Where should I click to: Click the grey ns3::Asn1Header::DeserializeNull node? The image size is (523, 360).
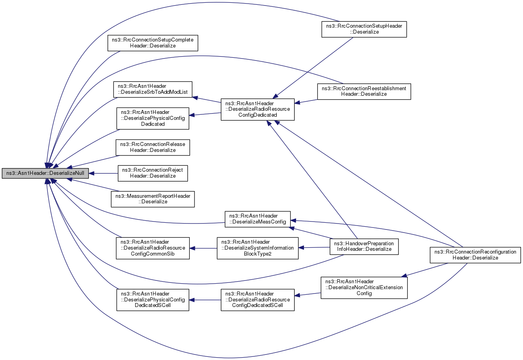point(45,173)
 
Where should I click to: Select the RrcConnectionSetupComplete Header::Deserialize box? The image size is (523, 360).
point(153,43)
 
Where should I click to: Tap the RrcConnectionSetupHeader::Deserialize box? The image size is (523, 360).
point(364,29)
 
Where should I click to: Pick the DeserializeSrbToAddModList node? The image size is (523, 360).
point(153,89)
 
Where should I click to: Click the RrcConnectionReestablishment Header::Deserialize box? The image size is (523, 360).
point(364,91)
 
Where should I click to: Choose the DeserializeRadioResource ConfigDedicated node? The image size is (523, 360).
point(257,109)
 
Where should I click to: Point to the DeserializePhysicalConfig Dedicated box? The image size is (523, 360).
point(153,118)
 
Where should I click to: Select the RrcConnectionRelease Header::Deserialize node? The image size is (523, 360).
point(153,148)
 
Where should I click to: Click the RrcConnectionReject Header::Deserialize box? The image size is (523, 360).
point(153,173)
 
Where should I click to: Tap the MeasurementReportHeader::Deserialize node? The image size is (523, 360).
point(153,199)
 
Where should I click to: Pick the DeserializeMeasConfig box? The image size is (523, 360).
point(257,219)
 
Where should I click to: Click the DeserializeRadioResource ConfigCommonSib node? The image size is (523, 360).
point(153,248)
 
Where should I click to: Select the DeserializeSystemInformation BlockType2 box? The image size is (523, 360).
point(257,248)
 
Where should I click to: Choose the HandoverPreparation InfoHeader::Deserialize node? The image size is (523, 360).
point(364,246)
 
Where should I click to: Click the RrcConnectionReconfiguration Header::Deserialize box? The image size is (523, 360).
point(476,255)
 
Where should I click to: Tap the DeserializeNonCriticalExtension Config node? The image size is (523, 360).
point(364,288)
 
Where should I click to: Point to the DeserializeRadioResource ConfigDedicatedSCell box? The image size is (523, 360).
point(257,300)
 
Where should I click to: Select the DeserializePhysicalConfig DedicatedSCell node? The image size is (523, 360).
point(153,300)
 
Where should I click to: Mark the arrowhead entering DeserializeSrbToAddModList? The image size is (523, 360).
point(195,98)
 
